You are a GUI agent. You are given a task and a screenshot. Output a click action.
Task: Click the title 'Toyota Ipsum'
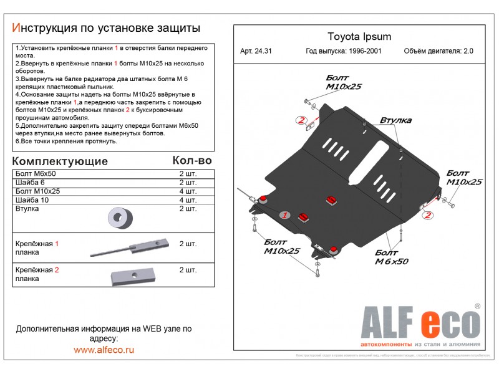pos(359,37)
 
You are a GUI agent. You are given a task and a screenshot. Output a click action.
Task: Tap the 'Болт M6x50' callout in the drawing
pos(391,257)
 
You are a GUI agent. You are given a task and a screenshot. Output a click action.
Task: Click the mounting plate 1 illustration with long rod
pos(131,247)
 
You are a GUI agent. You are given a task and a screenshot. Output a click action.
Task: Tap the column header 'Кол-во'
pos(191,161)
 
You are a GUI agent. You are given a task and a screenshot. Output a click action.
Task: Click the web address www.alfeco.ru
pos(104,350)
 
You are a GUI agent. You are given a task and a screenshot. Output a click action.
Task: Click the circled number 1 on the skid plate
pos(284,215)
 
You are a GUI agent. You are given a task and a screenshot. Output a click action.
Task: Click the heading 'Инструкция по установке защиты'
pos(106,28)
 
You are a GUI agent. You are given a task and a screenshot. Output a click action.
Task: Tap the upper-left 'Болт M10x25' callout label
pos(343,82)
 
